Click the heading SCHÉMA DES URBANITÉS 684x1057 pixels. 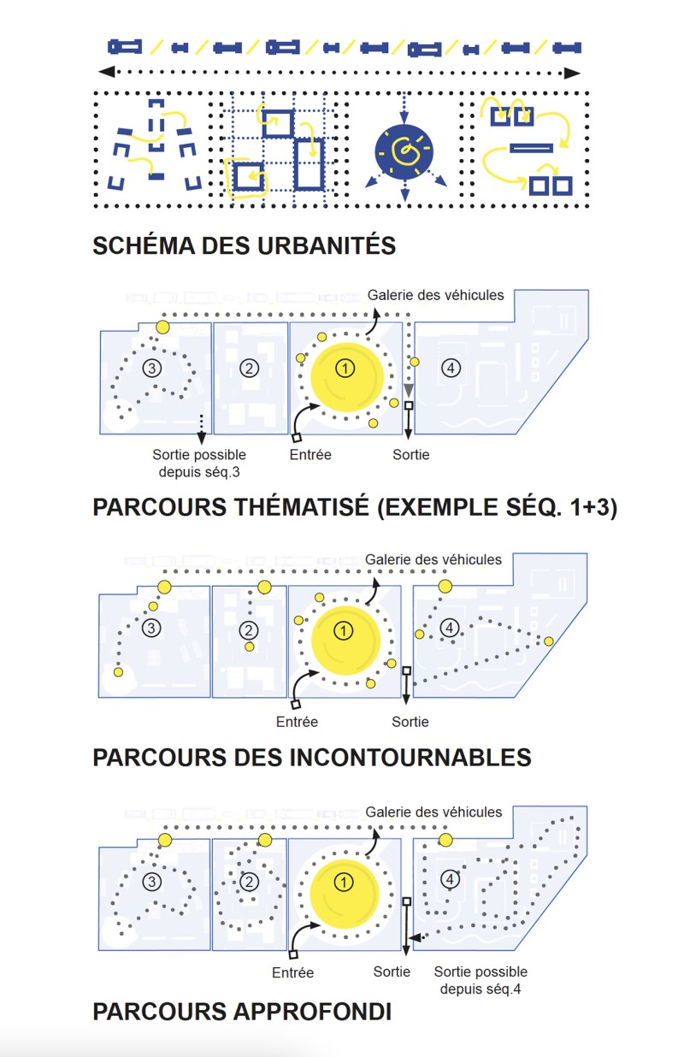click(x=244, y=246)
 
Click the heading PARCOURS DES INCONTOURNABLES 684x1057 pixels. click(x=311, y=757)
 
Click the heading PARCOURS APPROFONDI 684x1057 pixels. click(x=242, y=1012)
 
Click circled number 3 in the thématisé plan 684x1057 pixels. click(x=151, y=368)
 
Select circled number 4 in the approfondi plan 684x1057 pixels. click(x=450, y=879)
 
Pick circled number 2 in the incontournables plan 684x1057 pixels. click(x=249, y=631)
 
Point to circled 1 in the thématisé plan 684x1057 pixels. click(x=344, y=368)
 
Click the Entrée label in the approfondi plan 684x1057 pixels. click(x=292, y=972)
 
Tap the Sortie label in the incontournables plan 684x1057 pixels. click(x=410, y=722)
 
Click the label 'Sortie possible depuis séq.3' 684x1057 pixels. click(x=199, y=463)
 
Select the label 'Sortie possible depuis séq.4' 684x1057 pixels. click(x=481, y=980)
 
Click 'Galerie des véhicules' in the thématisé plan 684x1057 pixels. click(x=436, y=295)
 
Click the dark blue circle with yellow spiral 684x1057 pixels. click(x=404, y=152)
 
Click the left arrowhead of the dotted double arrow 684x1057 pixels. click(x=104, y=73)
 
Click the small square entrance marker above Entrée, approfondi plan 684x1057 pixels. click(x=292, y=954)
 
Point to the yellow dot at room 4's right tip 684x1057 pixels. click(x=548, y=641)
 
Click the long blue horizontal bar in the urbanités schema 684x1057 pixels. click(x=533, y=148)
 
